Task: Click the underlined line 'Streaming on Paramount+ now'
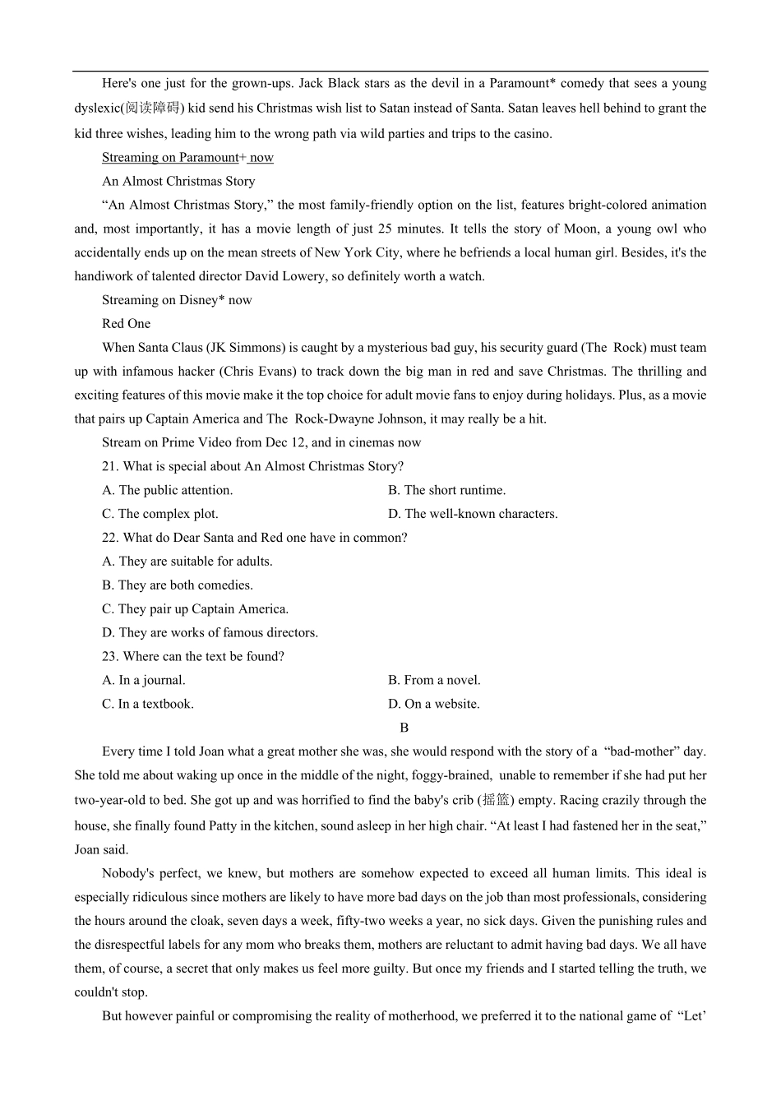[187, 157]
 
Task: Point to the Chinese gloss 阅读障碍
[153, 109]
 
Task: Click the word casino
[531, 133]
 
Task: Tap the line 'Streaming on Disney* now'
[177, 300]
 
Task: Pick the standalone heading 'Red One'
[126, 324]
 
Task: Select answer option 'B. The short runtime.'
[446, 490]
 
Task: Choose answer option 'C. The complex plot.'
[160, 514]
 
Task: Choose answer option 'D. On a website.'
[433, 704]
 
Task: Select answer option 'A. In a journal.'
[144, 680]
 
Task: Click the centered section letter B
[404, 728]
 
